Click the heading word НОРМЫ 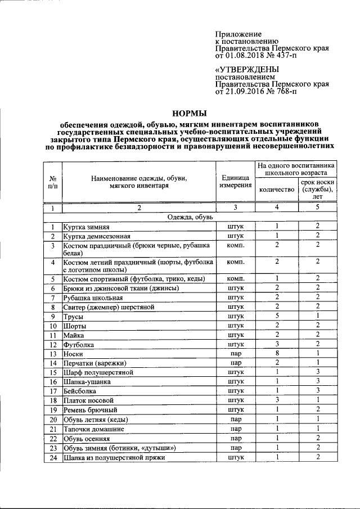click(x=188, y=113)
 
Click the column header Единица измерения click(x=235, y=181)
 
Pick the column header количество click(x=276, y=190)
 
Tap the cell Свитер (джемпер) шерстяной click(x=108, y=307)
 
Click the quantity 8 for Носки click(x=277, y=353)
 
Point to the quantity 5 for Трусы click(x=277, y=317)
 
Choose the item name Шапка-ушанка click(x=87, y=381)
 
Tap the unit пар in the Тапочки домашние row click(x=235, y=429)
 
